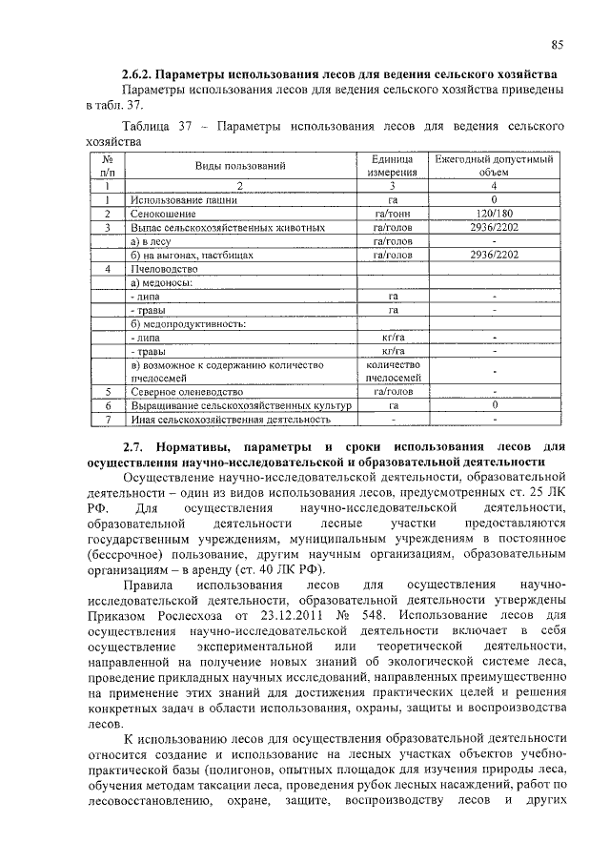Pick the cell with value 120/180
click(x=494, y=216)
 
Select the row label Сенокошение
click(x=163, y=216)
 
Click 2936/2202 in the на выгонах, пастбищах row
click(x=494, y=256)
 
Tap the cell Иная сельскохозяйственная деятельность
click(x=231, y=419)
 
